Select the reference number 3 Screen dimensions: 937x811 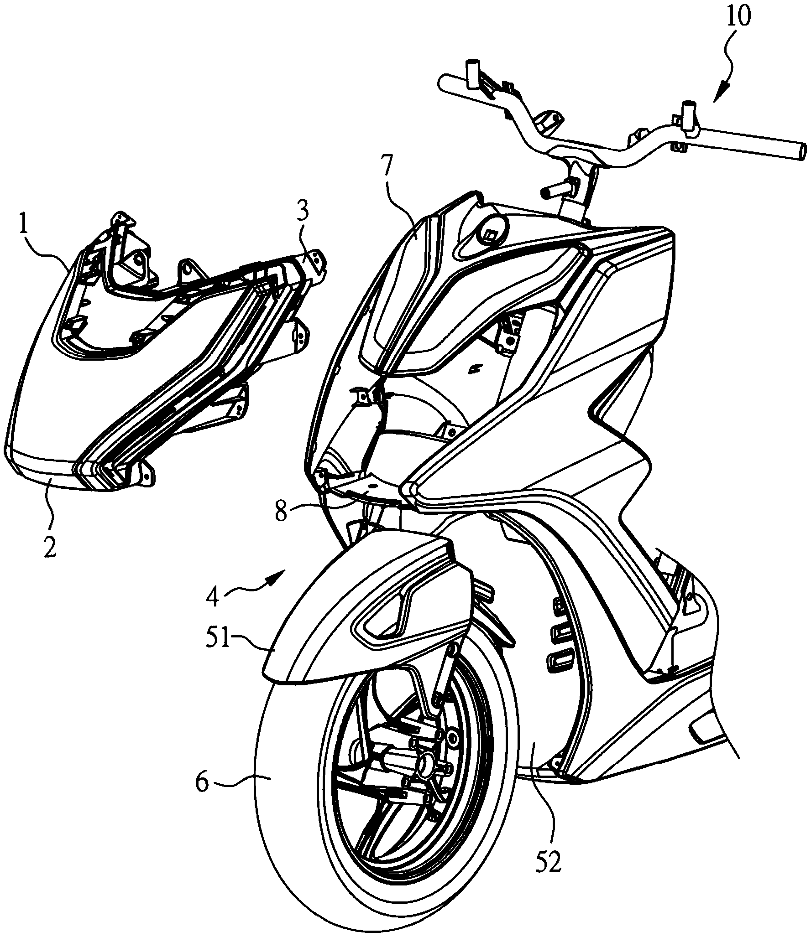point(302,213)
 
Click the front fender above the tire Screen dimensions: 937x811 point(347,606)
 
